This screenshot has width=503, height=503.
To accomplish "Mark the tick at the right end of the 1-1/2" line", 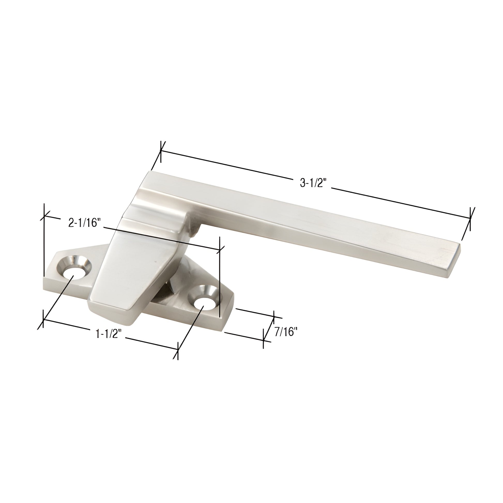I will pos(178,351).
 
